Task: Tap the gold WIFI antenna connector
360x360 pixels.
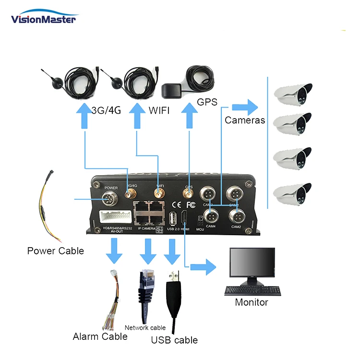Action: point(158,194)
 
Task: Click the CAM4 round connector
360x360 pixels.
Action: point(210,214)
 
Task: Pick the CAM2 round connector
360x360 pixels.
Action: point(235,214)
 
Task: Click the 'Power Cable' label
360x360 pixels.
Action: point(55,251)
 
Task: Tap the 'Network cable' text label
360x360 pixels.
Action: point(145,328)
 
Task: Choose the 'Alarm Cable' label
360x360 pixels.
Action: point(100,336)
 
